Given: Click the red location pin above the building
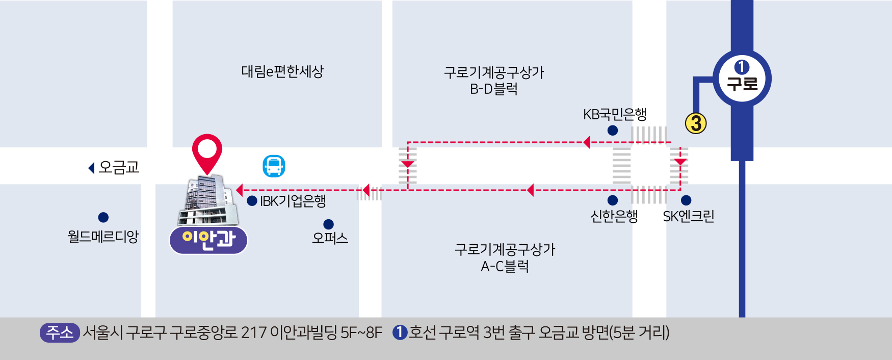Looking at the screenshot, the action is pos(207,151).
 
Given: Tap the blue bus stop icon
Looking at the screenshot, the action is pos(274,166).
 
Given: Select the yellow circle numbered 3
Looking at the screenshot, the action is pos(696,123).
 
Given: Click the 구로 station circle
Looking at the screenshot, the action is pos(742,79).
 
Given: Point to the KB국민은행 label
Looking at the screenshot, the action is pos(615,114).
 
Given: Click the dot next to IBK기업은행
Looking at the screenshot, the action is pos(252,201).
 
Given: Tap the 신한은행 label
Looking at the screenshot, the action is pos(614,217).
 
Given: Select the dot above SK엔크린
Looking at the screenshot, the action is pos(686,200).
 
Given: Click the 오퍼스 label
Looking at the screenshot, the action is pos(330,238).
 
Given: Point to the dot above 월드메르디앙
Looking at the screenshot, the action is pos(103,218).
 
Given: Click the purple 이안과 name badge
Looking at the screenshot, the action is pos(208,240).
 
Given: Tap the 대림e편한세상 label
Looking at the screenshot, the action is pos(282,71).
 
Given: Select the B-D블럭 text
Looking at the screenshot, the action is pos(494,89).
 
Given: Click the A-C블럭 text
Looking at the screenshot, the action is pos(505,266).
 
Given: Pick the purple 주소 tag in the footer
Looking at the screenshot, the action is pos(60,332).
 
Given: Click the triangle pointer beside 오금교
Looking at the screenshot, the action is pos(92,168).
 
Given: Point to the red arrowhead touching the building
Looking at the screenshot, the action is pos(239,190).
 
